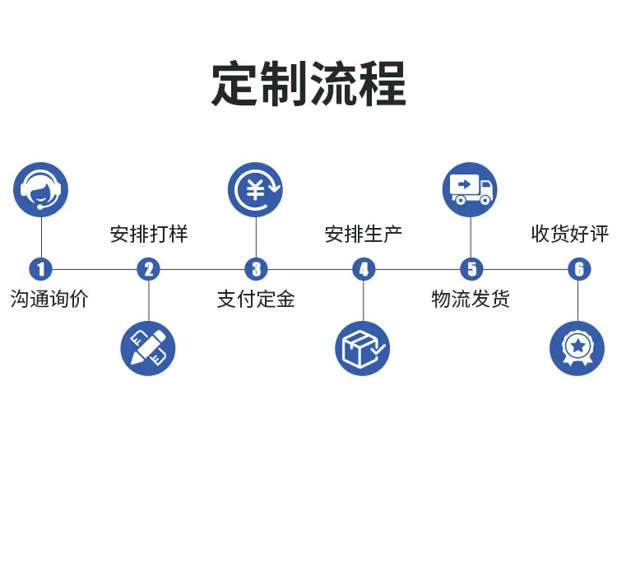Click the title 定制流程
point(308,83)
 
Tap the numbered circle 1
point(41,269)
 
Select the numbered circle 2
point(148,269)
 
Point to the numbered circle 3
point(256,269)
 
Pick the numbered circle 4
point(364,269)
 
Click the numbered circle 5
point(471,269)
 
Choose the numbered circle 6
point(579,269)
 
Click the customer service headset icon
point(41,190)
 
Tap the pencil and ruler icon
point(148,348)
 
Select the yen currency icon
point(256,190)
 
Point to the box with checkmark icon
point(363,348)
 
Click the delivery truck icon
point(471,190)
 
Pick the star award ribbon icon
point(578,348)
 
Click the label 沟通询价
point(49,299)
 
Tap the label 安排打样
point(149,234)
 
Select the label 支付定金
point(256,299)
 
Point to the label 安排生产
point(363,234)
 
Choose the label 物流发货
point(471,299)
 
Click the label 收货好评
point(570,234)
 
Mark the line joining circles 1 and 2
point(95,269)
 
